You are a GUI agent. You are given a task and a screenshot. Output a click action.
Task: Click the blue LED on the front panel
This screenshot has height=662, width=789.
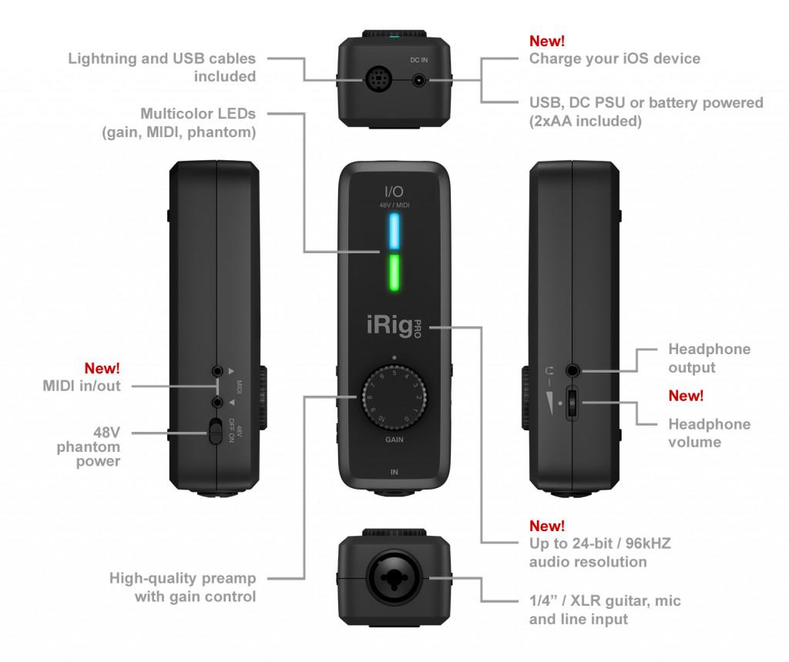coord(394,232)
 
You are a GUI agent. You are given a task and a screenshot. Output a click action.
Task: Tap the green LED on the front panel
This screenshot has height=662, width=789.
coord(394,276)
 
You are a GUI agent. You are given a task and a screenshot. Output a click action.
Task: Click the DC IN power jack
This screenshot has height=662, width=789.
coord(419,79)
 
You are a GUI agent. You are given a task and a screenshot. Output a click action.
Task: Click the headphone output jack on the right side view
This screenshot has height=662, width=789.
coord(573,371)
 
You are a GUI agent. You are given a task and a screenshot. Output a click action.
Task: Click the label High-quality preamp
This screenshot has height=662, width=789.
coord(183,578)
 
